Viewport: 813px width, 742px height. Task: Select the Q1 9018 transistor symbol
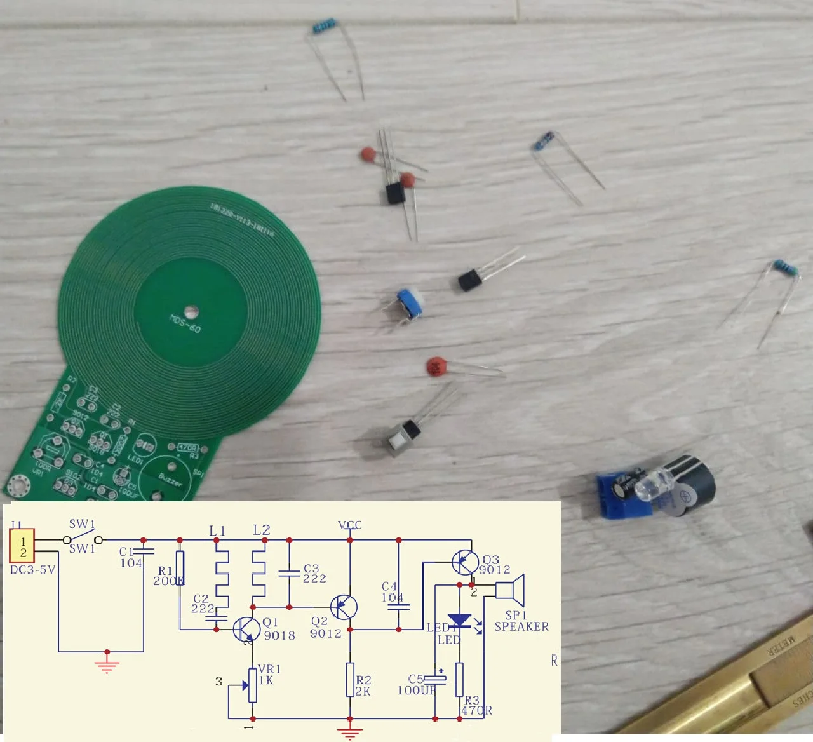(x=245, y=629)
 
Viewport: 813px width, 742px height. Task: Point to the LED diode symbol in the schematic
(x=458, y=621)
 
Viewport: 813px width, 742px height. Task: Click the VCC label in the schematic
(x=350, y=525)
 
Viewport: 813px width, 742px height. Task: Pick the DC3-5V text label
(x=32, y=570)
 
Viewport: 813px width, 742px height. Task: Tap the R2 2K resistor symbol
(x=350, y=680)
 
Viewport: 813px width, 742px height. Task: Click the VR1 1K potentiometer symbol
(x=253, y=685)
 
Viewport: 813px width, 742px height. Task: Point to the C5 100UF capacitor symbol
(x=436, y=678)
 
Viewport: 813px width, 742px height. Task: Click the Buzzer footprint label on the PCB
(x=170, y=479)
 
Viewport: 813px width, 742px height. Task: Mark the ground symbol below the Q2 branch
(x=349, y=731)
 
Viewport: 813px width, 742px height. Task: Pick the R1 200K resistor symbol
(x=180, y=567)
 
